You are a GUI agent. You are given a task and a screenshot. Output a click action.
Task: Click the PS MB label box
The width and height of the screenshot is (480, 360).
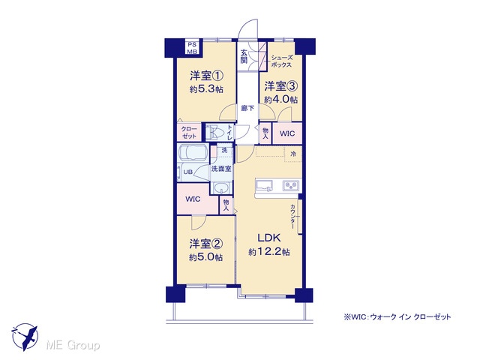[193, 47]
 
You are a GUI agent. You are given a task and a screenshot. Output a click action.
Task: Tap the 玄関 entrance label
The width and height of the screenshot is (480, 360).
[244, 56]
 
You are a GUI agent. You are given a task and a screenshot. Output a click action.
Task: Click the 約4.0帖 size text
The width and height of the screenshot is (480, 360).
[281, 100]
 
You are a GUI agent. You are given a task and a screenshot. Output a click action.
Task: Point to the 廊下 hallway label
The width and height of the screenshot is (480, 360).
[247, 108]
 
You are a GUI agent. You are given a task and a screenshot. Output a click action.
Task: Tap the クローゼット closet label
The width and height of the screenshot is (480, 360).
[189, 133]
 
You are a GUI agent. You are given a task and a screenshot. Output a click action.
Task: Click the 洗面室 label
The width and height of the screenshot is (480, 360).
[221, 169]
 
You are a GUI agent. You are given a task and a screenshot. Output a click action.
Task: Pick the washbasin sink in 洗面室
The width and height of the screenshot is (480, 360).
[220, 187]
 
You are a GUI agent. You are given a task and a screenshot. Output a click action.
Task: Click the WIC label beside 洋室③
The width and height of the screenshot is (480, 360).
[287, 133]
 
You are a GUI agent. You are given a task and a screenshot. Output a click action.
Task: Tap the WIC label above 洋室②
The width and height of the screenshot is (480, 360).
[193, 199]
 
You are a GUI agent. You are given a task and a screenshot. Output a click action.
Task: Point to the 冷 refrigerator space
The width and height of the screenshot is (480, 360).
[293, 154]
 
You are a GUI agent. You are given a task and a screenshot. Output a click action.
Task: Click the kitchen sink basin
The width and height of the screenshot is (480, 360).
[264, 185]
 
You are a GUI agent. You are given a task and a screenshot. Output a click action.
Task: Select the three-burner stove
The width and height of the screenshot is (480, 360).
[291, 185]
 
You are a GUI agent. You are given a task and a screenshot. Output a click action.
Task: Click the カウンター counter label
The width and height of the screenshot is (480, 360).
[293, 217]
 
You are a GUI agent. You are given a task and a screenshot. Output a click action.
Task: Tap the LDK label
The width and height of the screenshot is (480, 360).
[268, 238]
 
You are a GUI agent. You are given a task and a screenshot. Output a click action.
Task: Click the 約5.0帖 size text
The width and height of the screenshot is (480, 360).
[205, 257]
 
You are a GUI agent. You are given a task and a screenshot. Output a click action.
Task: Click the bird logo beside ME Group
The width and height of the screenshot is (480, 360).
[25, 337]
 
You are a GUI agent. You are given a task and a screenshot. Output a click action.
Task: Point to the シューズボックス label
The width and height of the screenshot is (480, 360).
[280, 61]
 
